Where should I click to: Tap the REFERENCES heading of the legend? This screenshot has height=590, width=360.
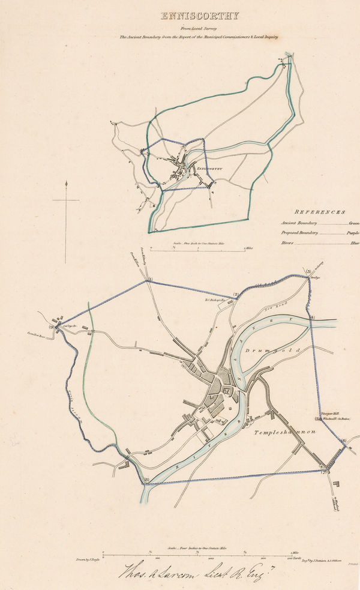(x=320, y=212)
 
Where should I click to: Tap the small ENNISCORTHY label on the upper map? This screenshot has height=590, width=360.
(x=209, y=169)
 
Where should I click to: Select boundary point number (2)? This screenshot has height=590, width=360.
(x=236, y=295)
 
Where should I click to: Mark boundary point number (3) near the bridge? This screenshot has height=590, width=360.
(x=309, y=272)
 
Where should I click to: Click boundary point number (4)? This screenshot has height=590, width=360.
(x=312, y=317)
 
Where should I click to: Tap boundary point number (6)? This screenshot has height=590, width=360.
(x=344, y=441)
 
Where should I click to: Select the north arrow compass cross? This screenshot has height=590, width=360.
(x=65, y=201)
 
